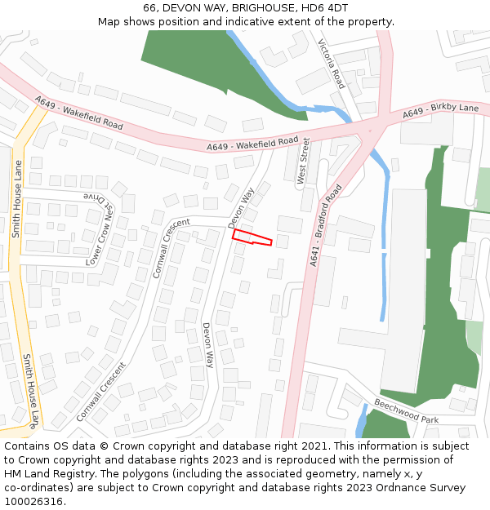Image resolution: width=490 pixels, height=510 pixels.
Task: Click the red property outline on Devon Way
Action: click(251, 237)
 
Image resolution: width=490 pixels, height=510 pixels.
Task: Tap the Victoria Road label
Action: click(331, 64)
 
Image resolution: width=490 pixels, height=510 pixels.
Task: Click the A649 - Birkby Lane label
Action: click(440, 112)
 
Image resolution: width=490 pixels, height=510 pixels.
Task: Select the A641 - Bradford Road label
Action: click(326, 225)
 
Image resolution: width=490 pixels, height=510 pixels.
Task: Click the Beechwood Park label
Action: click(406, 410)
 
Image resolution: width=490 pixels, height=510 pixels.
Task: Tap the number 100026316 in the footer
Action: click(33, 501)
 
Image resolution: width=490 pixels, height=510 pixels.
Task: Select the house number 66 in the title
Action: click(149, 7)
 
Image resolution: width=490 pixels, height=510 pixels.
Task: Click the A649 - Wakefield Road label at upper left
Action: click(79, 113)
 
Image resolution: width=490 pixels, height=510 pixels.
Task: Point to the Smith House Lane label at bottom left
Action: click(30, 391)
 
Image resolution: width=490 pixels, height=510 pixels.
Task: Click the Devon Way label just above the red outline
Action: click(241, 207)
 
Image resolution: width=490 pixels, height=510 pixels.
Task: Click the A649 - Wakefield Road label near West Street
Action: click(252, 144)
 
